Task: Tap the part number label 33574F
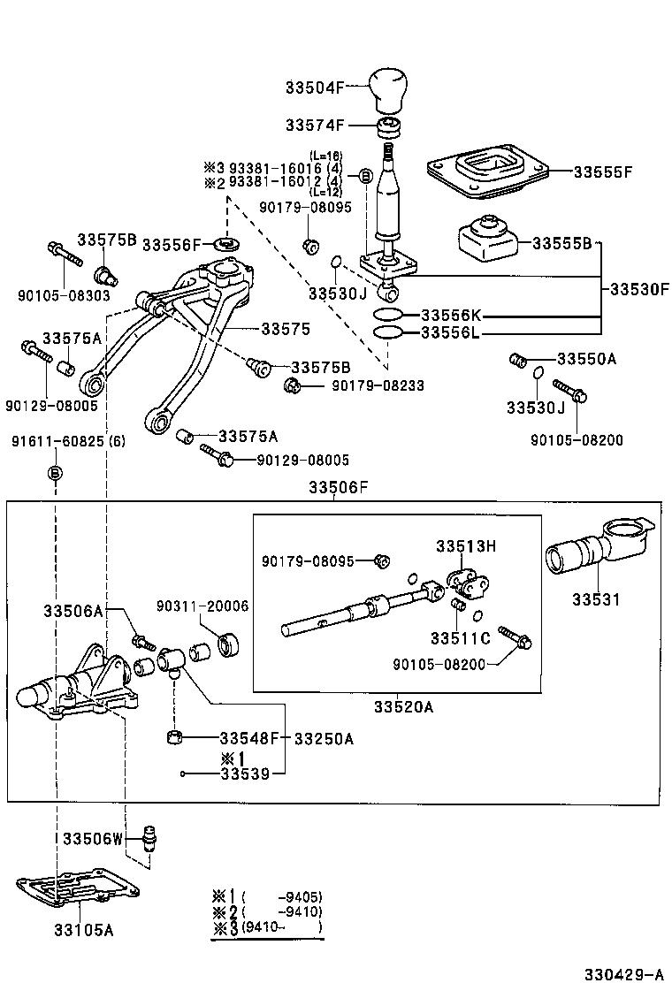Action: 314,126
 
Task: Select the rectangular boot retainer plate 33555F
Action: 486,172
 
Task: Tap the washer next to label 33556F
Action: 227,243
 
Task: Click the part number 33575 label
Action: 285,328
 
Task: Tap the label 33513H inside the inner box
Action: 465,546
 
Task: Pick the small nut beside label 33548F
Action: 176,736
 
